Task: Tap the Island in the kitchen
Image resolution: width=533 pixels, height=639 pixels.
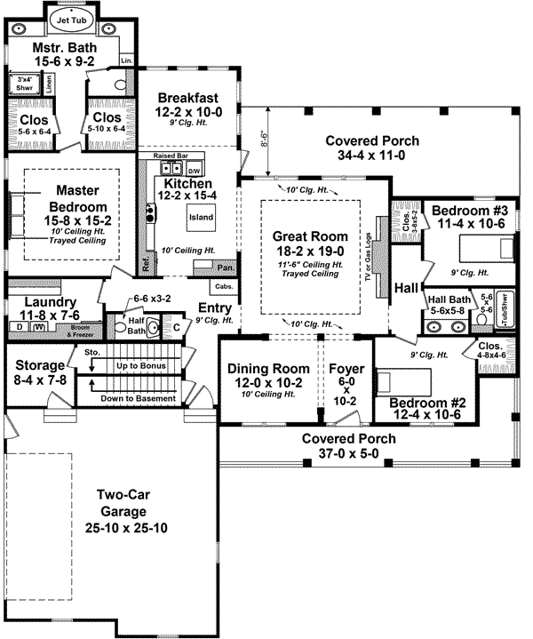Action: [x=199, y=216]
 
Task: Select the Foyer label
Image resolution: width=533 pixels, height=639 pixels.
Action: [x=346, y=369]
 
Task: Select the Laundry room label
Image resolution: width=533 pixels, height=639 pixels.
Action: [x=42, y=302]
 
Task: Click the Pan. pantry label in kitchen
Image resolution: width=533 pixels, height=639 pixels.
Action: [x=226, y=267]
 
